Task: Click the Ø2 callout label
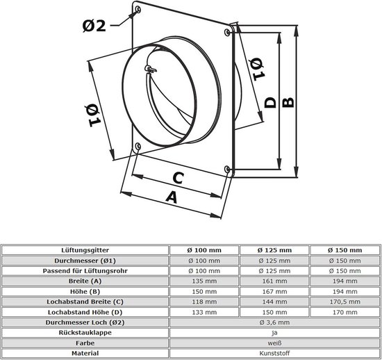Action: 94,26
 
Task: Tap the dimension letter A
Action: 172,197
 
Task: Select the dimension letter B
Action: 288,102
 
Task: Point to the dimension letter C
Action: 178,178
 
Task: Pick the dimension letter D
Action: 270,103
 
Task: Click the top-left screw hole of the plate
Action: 138,10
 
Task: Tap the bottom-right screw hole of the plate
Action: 227,169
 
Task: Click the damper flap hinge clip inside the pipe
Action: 150,69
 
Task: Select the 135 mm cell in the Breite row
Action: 204,281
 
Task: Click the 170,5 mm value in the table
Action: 345,302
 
